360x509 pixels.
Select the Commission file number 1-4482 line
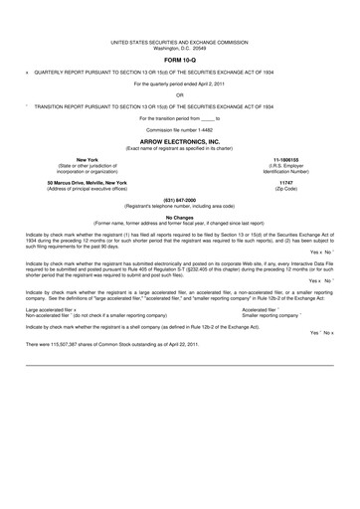coord(179,130)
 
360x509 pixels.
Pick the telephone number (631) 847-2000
coord(179,200)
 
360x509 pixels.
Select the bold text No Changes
coord(179,216)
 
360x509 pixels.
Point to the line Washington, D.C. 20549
coord(179,50)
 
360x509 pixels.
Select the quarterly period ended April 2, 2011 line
coord(179,83)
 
